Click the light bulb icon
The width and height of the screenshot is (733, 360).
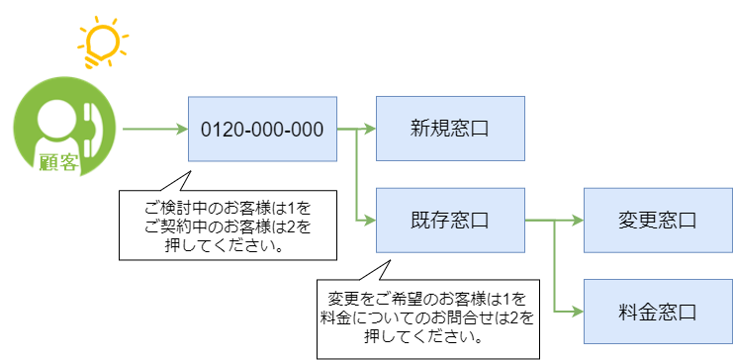[x=104, y=43]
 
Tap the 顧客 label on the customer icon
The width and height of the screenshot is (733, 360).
[x=58, y=162]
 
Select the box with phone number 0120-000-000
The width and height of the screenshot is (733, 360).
[x=262, y=129]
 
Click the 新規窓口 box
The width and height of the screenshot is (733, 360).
[x=450, y=129]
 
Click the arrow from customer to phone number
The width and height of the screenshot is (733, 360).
[x=153, y=129]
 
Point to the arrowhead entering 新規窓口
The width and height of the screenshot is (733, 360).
[x=370, y=129]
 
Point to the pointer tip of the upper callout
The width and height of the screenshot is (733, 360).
[x=189, y=168]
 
